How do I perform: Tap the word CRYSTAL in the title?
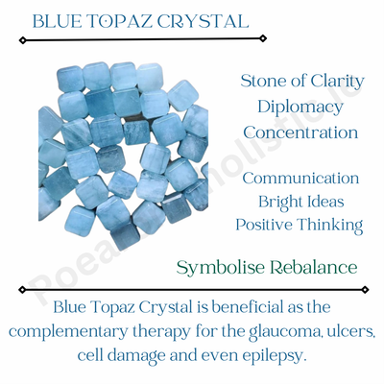click(207, 20)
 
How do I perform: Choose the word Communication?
click(300, 179)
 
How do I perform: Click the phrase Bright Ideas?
click(300, 202)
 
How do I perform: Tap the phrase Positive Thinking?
click(300, 226)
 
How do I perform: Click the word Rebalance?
click(312, 265)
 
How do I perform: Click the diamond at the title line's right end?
click(264, 39)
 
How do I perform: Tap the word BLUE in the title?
click(56, 20)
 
